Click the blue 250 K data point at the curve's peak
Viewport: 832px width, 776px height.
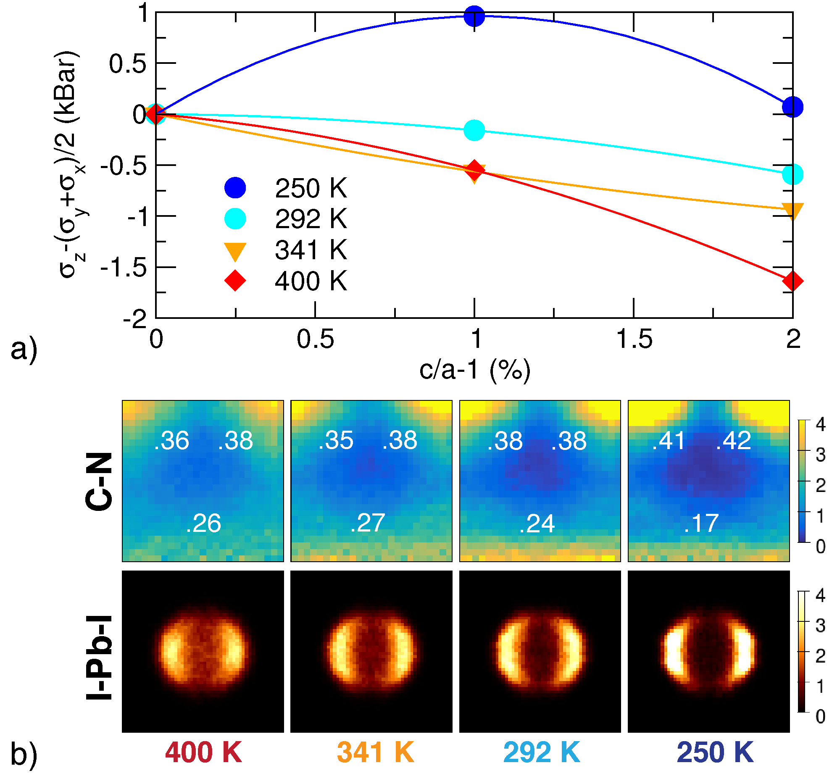pyautogui.click(x=474, y=16)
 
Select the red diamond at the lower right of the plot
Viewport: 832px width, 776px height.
pyautogui.click(x=793, y=281)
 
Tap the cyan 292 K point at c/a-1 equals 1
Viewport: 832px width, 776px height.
pyautogui.click(x=474, y=130)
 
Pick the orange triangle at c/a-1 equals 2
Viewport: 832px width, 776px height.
pyautogui.click(x=793, y=210)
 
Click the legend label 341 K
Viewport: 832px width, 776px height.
pyautogui.click(x=311, y=250)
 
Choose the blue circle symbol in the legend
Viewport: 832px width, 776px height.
pyautogui.click(x=235, y=188)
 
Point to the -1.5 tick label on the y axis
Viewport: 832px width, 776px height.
pyautogui.click(x=124, y=268)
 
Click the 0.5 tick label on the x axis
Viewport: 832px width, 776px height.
pyautogui.click(x=315, y=339)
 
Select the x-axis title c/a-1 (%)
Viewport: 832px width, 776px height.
pyautogui.click(x=475, y=370)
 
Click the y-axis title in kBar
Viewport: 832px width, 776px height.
pyautogui.click(x=69, y=164)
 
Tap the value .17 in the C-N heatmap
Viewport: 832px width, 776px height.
pyautogui.click(x=701, y=523)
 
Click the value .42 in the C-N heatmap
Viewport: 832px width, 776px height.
pyautogui.click(x=733, y=441)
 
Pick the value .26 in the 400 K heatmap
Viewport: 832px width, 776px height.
pyautogui.click(x=203, y=523)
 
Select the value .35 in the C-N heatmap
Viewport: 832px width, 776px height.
pyautogui.click(x=336, y=441)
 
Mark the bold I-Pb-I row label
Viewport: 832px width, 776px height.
pyautogui.click(x=99, y=658)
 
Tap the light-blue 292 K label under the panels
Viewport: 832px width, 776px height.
pyautogui.click(x=542, y=752)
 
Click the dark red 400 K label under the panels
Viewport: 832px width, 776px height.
pyautogui.click(x=203, y=752)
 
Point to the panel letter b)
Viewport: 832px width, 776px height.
pyautogui.click(x=24, y=754)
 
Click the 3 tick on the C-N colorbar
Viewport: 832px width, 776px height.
pyautogui.click(x=820, y=455)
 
